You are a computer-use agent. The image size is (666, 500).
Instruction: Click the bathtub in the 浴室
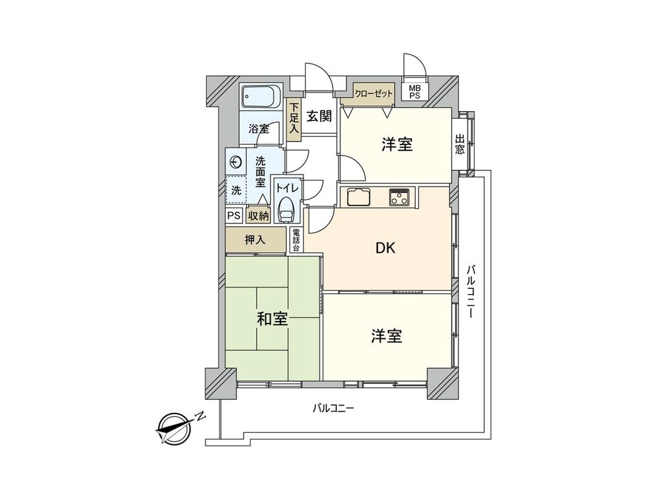(x=261, y=97)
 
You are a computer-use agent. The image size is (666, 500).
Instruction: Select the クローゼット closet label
(x=374, y=93)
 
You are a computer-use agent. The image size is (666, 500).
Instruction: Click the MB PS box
(x=414, y=91)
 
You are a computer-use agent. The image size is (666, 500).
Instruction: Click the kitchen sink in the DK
(x=359, y=198)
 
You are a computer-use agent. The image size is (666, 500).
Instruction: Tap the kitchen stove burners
(x=400, y=197)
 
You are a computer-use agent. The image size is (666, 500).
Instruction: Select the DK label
(x=385, y=248)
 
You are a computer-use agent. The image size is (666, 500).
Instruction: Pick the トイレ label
(x=287, y=186)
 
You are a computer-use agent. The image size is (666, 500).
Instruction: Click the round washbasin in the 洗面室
(x=235, y=162)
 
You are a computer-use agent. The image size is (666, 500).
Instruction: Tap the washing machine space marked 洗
(x=236, y=191)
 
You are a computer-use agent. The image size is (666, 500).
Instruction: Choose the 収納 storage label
(x=258, y=215)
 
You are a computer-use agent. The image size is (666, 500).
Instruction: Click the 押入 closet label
(x=255, y=240)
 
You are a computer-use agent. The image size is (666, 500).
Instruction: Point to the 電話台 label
(x=296, y=240)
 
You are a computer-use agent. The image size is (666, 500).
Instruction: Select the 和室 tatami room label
(x=273, y=319)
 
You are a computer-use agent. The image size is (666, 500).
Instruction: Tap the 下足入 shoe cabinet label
(x=294, y=118)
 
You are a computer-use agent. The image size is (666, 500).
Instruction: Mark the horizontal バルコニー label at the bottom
(x=333, y=408)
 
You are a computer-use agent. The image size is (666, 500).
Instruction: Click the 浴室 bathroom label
(x=259, y=129)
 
